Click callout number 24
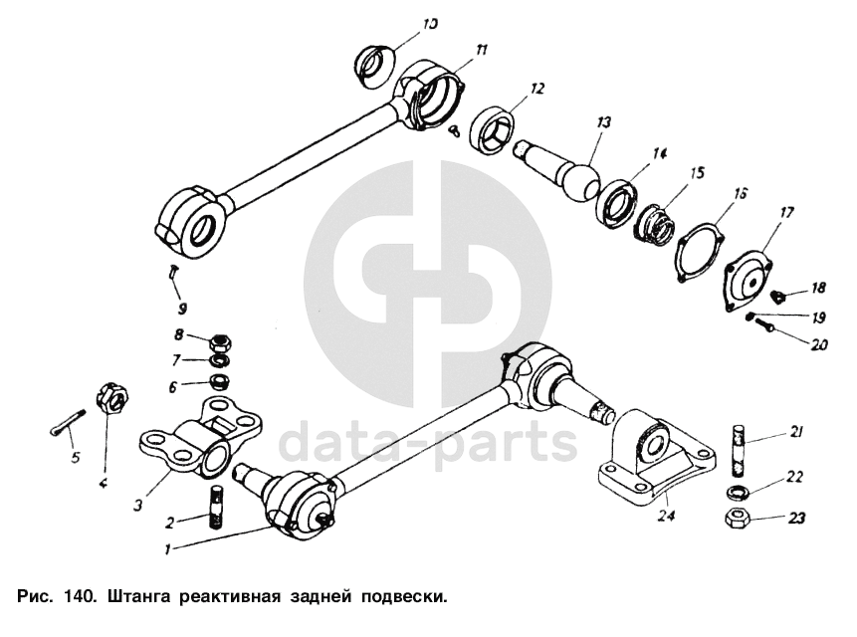(x=666, y=516)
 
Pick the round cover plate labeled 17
(x=750, y=281)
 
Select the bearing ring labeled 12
(x=496, y=128)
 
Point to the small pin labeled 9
(x=173, y=270)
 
